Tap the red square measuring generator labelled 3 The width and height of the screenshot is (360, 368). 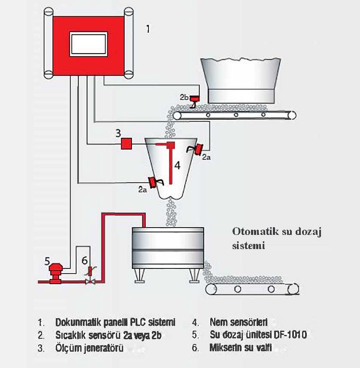click(x=126, y=143)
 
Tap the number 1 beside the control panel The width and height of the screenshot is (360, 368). click(x=148, y=29)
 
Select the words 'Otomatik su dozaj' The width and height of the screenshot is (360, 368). click(x=277, y=232)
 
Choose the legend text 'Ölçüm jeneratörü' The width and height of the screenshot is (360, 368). click(x=89, y=348)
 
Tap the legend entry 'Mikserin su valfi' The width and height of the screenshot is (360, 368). click(x=241, y=348)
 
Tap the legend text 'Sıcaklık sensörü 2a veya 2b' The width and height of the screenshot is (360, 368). click(x=109, y=335)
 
